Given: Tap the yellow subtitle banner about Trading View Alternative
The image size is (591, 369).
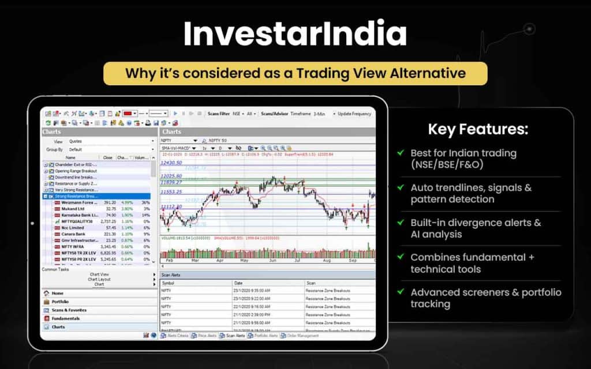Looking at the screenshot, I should click(x=295, y=73).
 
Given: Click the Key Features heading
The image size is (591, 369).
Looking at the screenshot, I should click(x=477, y=129).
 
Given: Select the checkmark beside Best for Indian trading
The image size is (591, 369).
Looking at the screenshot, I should click(x=401, y=153).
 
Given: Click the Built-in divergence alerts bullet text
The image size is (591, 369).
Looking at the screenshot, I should click(x=476, y=228).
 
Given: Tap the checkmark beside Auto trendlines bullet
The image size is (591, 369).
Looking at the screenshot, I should click(x=401, y=188).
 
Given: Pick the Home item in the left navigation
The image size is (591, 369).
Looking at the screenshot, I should click(x=58, y=293).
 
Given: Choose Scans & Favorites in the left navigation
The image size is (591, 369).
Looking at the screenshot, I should click(x=69, y=310).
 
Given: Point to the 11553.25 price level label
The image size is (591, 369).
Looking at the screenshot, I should click(x=171, y=191).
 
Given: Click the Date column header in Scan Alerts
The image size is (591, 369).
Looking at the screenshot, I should click(x=238, y=283).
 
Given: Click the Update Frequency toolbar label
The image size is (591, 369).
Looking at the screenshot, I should click(x=354, y=114).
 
